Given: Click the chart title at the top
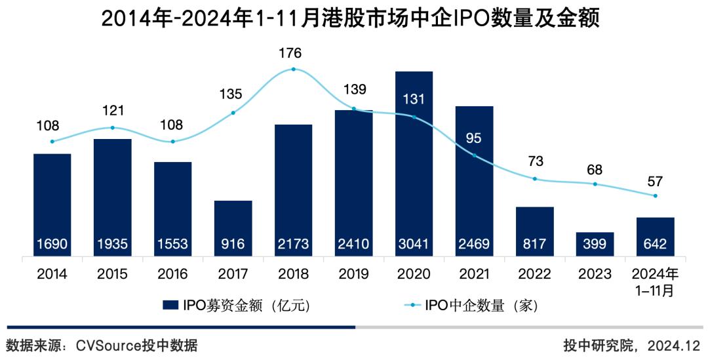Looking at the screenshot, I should coord(351,19).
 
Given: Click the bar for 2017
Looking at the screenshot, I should coord(233,223).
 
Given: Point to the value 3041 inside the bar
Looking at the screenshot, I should coord(414,245).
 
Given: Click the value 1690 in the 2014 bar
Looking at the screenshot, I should coord(52,245).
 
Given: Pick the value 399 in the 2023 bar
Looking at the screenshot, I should coord(595,245).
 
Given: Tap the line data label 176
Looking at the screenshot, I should coord(293,52).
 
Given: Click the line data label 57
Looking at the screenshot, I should coord(655,180).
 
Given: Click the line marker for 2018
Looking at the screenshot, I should coord(293,69).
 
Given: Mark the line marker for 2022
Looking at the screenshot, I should coord(535,179).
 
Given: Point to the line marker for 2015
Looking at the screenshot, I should coord(112,127).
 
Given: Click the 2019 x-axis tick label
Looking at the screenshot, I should coord(353,273).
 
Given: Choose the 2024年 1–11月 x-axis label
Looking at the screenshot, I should coord(655,281).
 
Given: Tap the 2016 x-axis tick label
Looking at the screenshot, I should coord(172,273).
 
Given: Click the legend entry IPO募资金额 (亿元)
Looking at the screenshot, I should coord(236,305).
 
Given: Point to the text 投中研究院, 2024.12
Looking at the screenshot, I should coord(632,345).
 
